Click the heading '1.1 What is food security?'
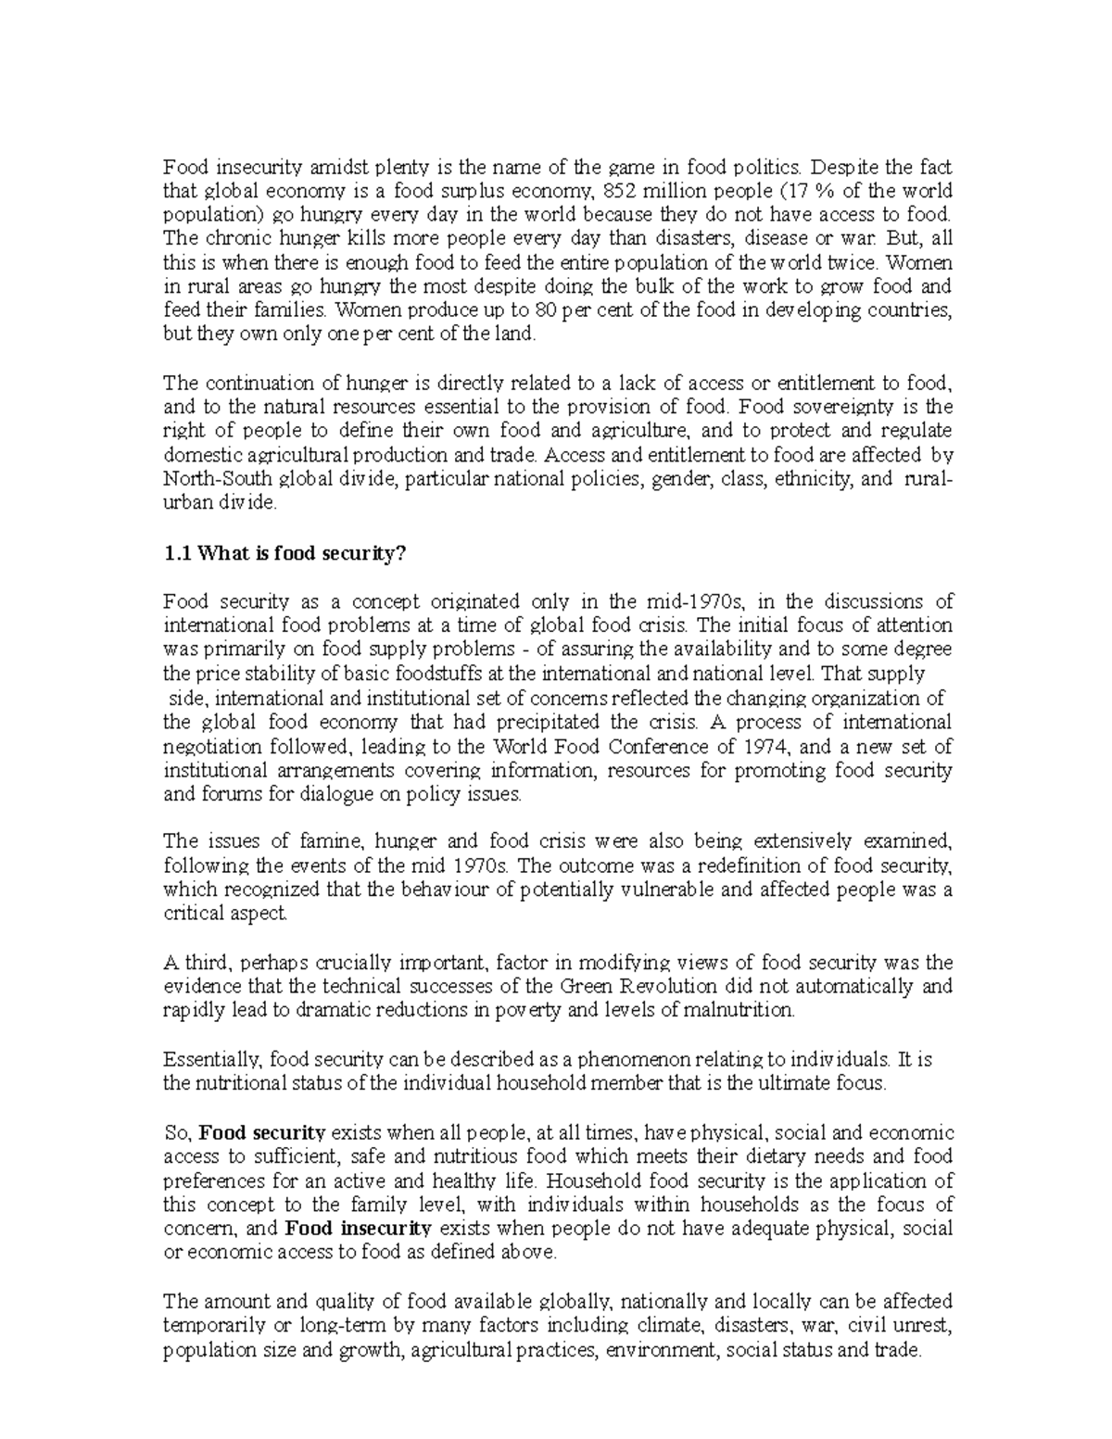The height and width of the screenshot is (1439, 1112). click(x=284, y=553)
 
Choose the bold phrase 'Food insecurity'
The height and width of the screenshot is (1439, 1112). click(x=359, y=1229)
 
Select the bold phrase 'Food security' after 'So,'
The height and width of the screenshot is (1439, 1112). click(x=262, y=1132)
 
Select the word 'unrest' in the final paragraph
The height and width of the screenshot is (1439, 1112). click(x=925, y=1326)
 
